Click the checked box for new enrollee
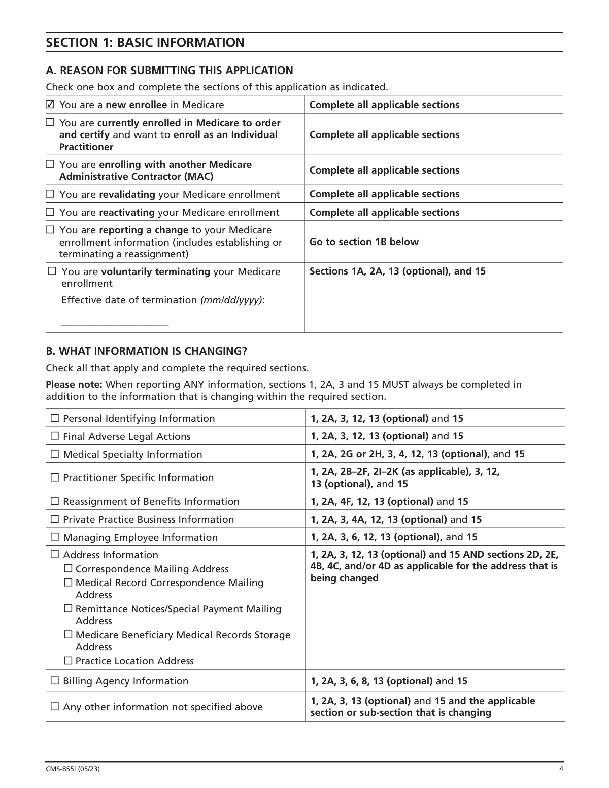[50, 105]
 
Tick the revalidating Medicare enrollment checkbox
[50, 194]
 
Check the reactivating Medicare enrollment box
[50, 212]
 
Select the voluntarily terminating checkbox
[52, 271]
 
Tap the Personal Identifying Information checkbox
[55, 419]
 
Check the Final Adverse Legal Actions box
[55, 436]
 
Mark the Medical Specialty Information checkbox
[55, 454]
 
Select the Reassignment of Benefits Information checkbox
[55, 501]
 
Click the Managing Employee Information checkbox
[55, 537]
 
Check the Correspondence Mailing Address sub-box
[68, 569]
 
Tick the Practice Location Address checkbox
[68, 661]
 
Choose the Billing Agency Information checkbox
[55, 681]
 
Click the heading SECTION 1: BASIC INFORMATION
[145, 43]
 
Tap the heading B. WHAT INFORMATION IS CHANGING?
[146, 351]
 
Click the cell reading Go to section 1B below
[364, 242]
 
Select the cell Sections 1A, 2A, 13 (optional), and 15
[397, 271]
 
